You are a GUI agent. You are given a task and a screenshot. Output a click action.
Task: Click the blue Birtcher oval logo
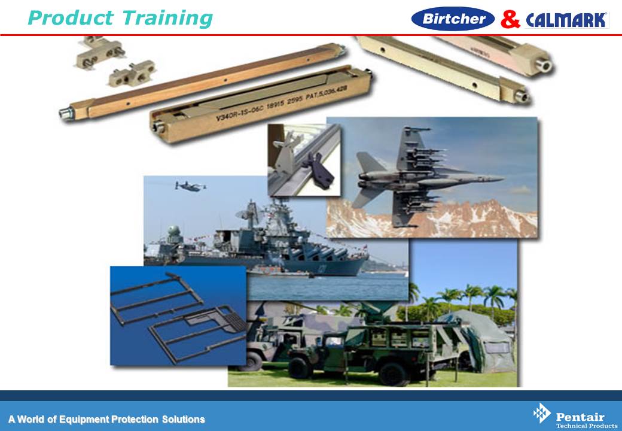coord(453,19)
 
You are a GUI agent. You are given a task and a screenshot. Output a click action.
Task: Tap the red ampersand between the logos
coord(510,19)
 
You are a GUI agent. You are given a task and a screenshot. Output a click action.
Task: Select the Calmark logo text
coord(567,20)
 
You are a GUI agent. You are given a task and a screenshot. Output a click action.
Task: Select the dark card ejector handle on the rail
coord(320,170)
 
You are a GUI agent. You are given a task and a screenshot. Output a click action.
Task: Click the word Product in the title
coord(71,18)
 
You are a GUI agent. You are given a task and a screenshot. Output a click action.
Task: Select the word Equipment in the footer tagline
coord(84,420)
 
